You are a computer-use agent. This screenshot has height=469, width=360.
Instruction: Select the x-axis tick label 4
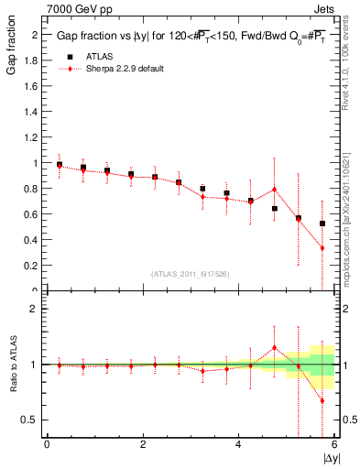point(238,444)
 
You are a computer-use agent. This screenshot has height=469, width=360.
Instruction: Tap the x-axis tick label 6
point(333,444)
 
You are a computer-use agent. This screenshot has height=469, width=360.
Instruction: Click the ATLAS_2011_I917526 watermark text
point(191,274)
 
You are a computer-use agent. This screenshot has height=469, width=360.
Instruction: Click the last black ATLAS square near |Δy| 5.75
point(322,224)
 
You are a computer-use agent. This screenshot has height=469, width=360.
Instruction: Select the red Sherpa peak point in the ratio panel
point(274,347)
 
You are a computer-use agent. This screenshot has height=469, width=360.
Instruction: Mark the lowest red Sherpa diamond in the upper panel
point(322,248)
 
